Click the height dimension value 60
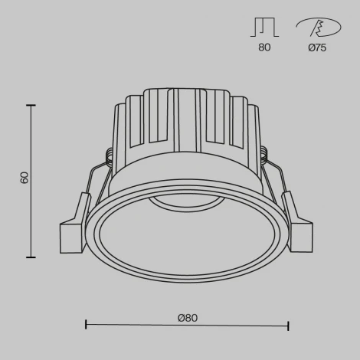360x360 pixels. (x=25, y=178)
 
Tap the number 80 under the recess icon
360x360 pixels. (x=264, y=47)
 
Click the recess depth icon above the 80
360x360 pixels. (x=264, y=28)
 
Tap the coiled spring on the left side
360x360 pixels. (x=109, y=155)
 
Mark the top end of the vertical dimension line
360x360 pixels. (x=32, y=106)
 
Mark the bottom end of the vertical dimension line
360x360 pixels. (x=32, y=257)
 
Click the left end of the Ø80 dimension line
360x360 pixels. (x=85, y=326)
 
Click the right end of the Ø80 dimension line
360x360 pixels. (x=288, y=326)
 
